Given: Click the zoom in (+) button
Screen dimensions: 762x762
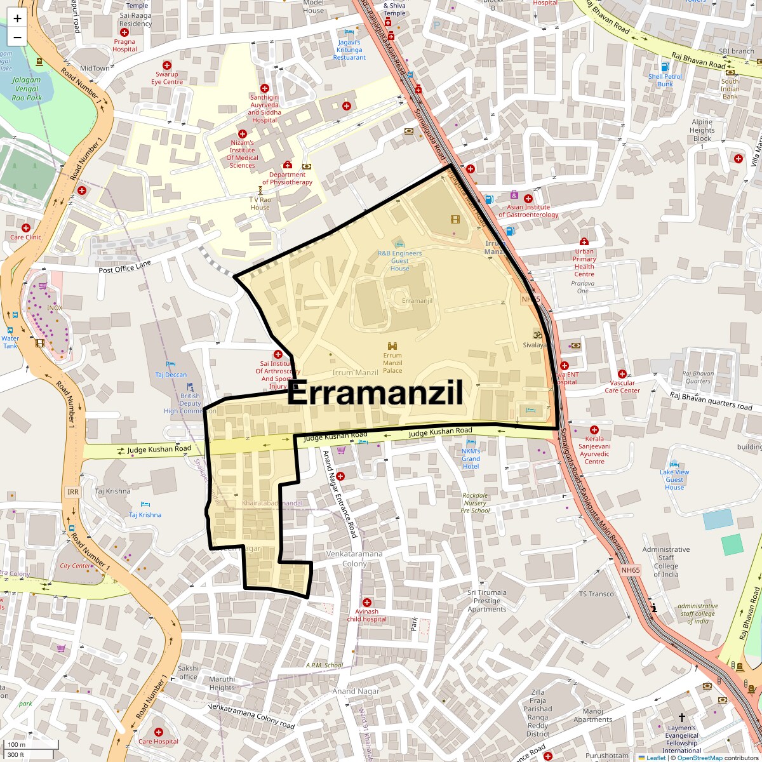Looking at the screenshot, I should (17, 18).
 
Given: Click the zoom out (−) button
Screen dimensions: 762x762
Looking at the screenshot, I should (17, 37).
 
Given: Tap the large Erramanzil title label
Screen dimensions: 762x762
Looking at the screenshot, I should (375, 394).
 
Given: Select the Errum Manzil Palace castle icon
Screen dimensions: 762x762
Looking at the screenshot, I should (392, 345).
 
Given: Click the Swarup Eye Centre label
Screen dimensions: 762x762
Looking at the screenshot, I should (167, 78).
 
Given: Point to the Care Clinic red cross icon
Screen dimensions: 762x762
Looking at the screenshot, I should (26, 227).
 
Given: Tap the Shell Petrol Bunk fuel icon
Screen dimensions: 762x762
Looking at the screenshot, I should (665, 67).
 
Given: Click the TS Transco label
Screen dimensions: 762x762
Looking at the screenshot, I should (596, 594).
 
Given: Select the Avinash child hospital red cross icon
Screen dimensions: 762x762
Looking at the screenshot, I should (366, 602).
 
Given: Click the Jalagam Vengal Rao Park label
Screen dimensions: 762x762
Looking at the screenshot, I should (27, 89).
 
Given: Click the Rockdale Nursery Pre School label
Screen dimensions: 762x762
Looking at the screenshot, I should (476, 503).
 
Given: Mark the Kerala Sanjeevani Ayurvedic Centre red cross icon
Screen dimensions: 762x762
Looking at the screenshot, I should (594, 430).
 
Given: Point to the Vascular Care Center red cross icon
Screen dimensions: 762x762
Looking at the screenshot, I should (622, 374).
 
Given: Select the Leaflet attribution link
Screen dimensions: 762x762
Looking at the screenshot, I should (656, 758).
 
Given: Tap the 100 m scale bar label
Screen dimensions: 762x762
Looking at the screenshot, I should (17, 745).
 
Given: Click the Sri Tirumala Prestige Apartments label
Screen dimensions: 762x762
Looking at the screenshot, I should (487, 601).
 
